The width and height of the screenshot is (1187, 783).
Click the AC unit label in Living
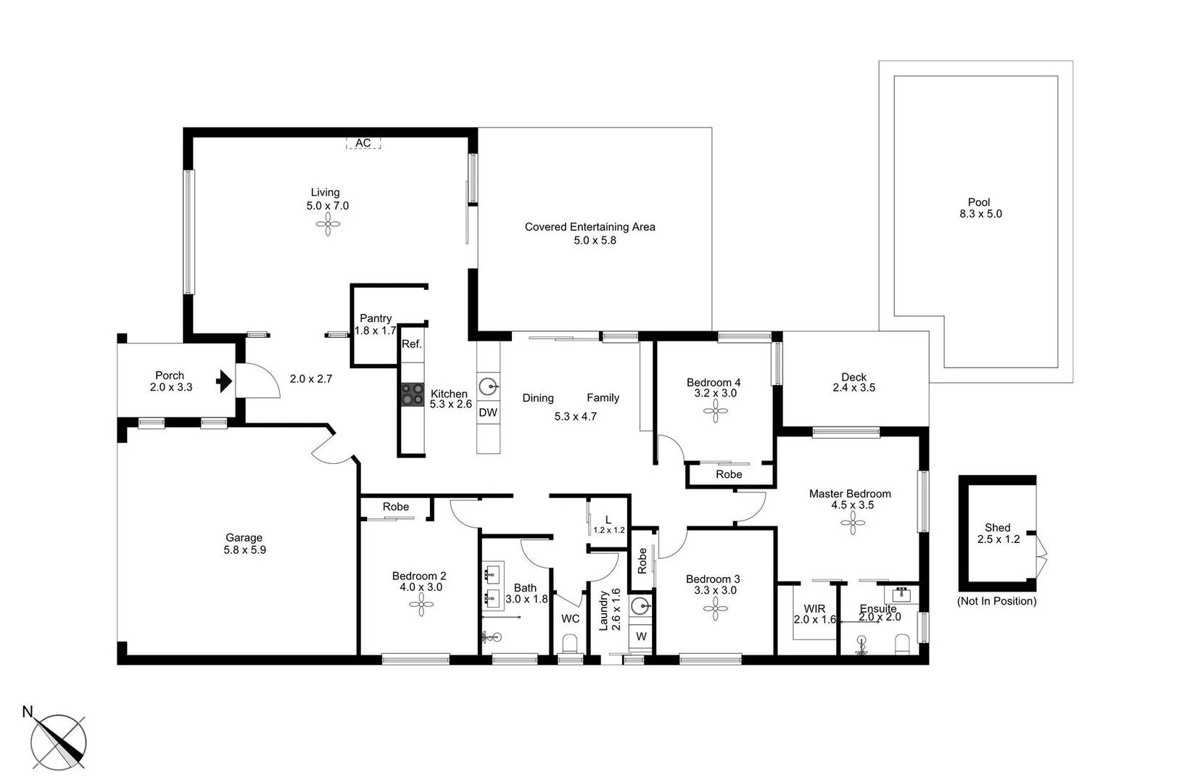coord(363,143)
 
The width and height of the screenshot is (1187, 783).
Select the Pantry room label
coord(376,318)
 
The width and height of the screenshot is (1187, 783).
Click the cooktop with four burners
coord(413,395)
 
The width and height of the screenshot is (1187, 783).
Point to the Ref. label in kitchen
coord(412,344)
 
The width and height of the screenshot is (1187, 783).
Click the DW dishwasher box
coord(488,413)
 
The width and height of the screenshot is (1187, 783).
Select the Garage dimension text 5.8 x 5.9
coord(244,550)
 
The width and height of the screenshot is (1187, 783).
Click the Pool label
coord(979,202)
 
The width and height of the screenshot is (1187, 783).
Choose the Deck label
coord(853,377)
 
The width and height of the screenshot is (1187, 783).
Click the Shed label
coord(997,528)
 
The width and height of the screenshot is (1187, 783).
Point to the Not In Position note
coord(996,601)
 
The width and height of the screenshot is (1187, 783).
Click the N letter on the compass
coord(28,712)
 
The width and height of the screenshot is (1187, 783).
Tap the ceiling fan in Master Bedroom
coord(853,523)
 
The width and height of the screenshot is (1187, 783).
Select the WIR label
coord(814,609)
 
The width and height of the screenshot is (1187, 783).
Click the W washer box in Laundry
coord(641,637)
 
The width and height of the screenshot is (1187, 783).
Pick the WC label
coord(570,618)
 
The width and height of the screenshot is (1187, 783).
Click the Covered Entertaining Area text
coord(590,227)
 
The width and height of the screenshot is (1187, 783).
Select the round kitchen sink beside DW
coord(489,386)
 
